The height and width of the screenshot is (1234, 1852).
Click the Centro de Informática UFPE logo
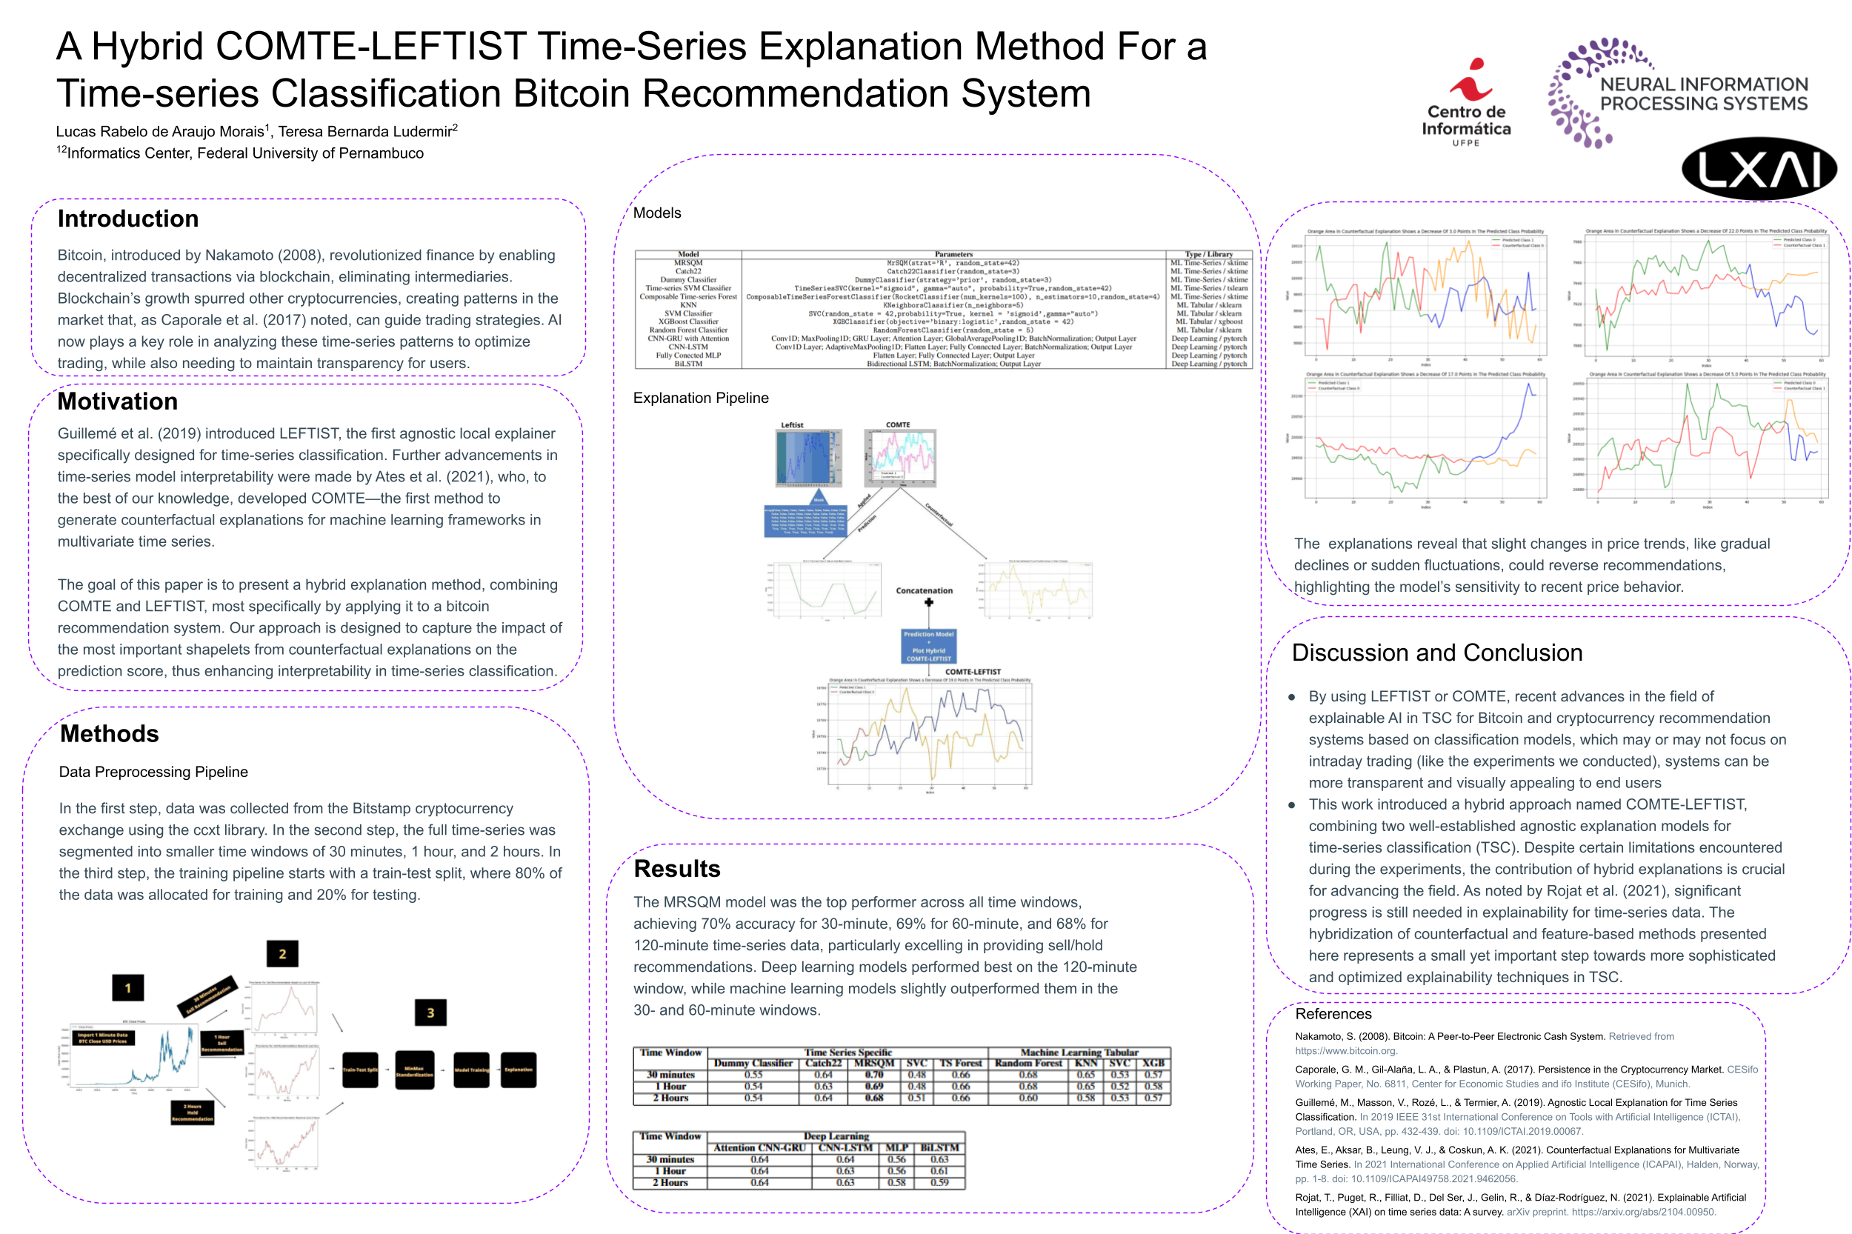click(x=1465, y=102)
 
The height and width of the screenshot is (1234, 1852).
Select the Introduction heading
click(x=127, y=219)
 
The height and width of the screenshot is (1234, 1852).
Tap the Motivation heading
click(x=117, y=401)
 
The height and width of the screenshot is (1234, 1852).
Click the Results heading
click(x=677, y=868)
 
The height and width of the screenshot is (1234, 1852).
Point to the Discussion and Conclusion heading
click(x=1436, y=653)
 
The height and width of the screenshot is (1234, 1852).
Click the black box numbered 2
click(x=282, y=954)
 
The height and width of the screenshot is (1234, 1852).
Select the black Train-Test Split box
click(x=361, y=1070)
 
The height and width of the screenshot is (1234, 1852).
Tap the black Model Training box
click(x=471, y=1070)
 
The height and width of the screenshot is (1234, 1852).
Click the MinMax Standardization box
click(x=414, y=1070)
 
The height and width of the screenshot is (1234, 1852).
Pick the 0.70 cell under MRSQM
click(x=873, y=1074)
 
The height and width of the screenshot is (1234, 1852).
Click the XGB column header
click(x=1153, y=1063)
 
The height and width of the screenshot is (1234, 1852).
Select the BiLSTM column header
click(x=940, y=1147)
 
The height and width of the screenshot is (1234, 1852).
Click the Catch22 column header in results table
click(x=823, y=1063)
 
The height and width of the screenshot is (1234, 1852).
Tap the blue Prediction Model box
click(x=929, y=646)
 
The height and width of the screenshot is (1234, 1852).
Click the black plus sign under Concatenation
click(x=929, y=603)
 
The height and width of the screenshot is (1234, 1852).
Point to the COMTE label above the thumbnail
click(x=898, y=425)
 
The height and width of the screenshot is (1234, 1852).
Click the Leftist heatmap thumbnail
click(x=807, y=457)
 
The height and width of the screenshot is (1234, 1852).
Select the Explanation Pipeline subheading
click(x=701, y=398)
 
